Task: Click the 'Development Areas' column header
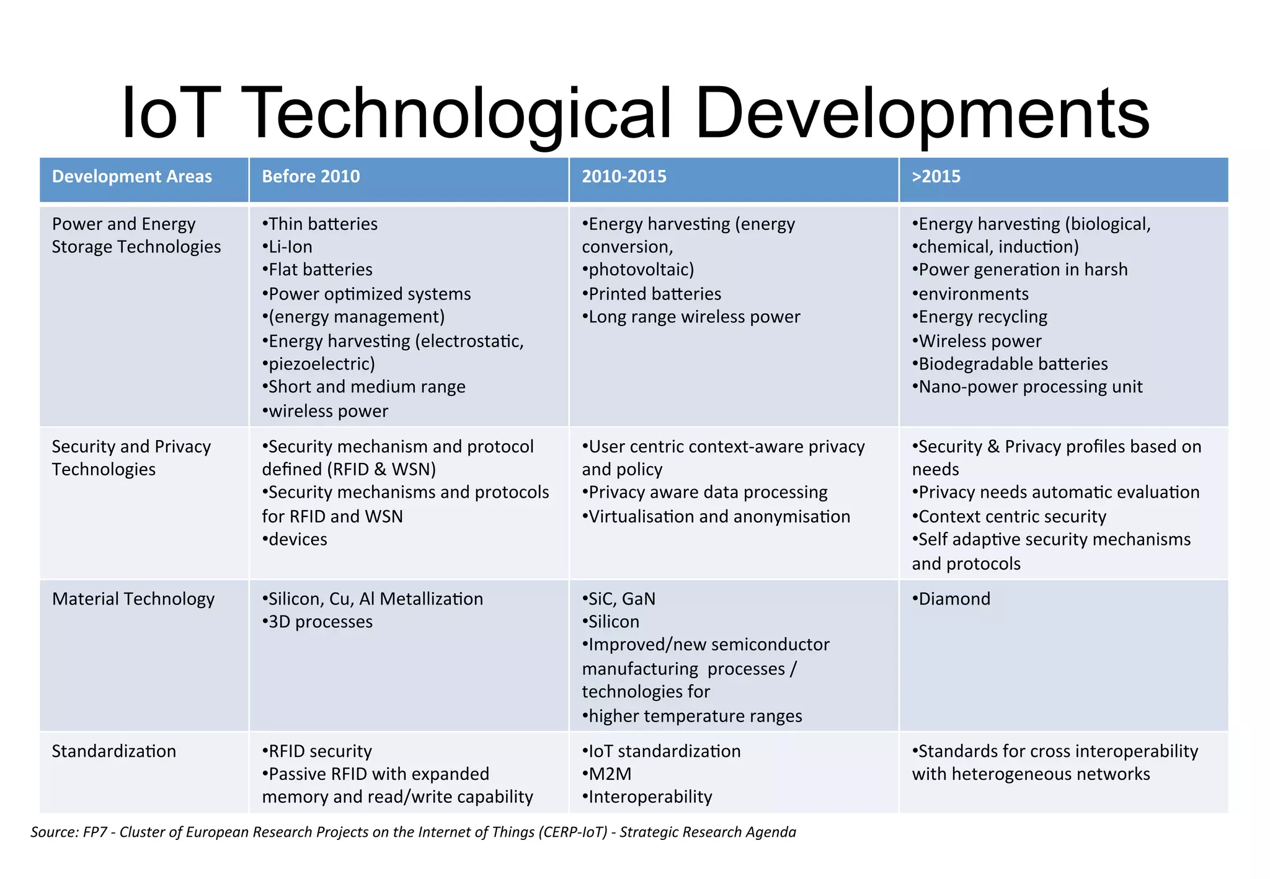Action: pos(131,177)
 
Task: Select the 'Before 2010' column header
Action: pos(311,177)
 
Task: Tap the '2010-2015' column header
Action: pos(624,177)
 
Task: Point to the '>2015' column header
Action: pos(936,177)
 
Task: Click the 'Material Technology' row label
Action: pos(133,599)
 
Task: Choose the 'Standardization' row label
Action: pos(114,751)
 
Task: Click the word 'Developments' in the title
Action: pos(922,113)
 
